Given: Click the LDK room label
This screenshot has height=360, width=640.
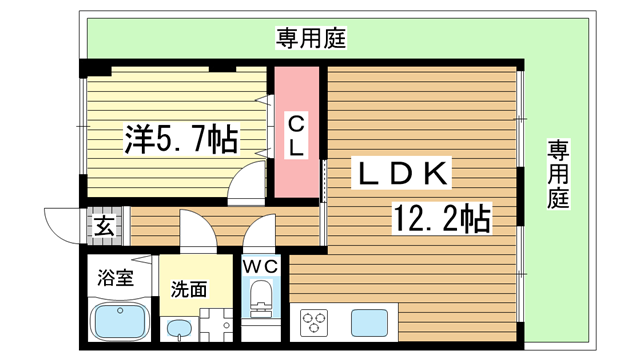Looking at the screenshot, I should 401,173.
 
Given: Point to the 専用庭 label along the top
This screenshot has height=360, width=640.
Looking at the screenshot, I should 310,40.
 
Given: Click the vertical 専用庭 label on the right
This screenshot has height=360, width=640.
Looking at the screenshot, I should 557,176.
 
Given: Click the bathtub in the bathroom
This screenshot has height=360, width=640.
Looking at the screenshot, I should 120,321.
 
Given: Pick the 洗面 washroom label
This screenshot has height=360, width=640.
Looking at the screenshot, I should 188,290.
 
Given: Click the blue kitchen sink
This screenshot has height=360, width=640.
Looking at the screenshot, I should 369,323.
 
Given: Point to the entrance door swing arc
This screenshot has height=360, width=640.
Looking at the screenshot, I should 62,221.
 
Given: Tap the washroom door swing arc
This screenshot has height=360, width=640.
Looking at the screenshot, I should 197,230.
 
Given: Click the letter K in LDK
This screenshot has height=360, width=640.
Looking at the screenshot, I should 437,173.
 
